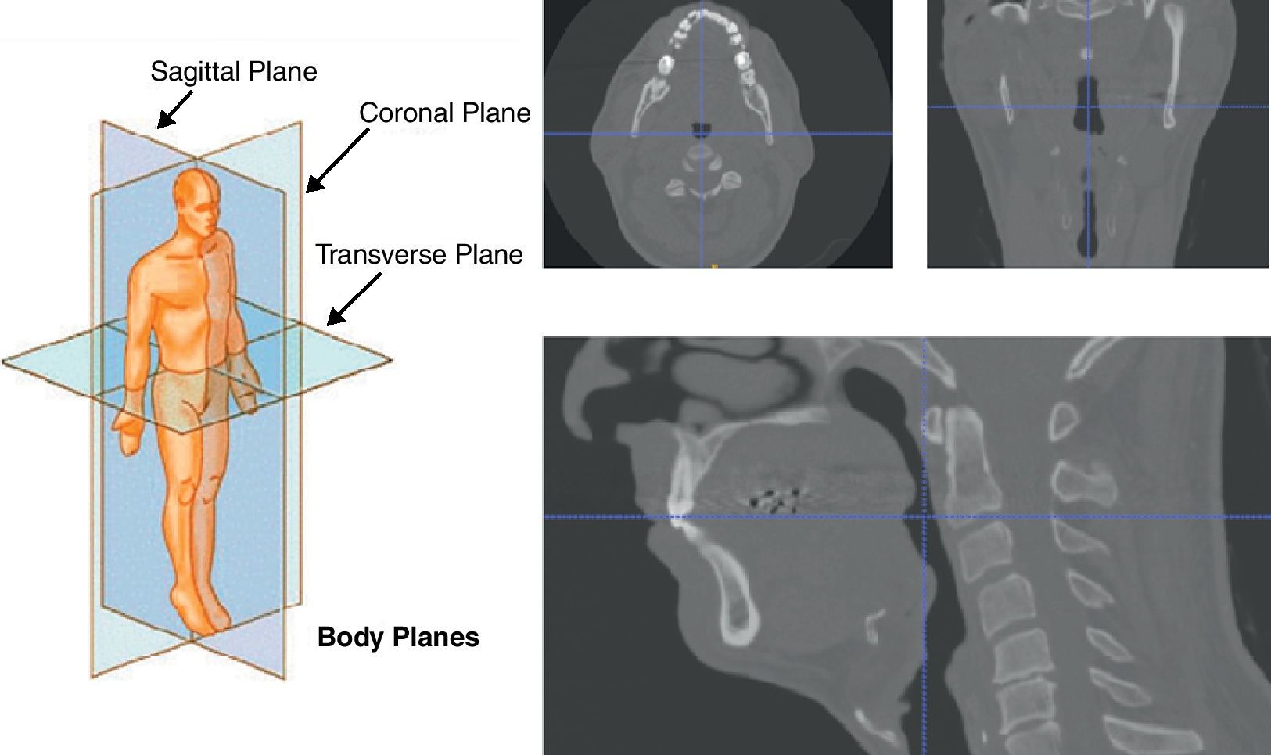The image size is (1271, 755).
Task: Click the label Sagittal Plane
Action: tap(233, 72)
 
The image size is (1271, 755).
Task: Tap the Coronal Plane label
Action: tap(444, 113)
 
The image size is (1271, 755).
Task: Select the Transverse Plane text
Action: tap(418, 255)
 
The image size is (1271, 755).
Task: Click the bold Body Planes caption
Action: tap(398, 637)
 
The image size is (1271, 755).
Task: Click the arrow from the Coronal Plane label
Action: tap(336, 160)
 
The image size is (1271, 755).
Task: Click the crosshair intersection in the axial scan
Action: tap(702, 134)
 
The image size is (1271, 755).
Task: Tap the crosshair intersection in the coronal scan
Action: tap(1087, 106)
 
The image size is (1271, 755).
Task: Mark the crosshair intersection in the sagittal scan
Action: tap(925, 516)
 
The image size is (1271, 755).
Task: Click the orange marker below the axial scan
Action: tap(714, 267)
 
